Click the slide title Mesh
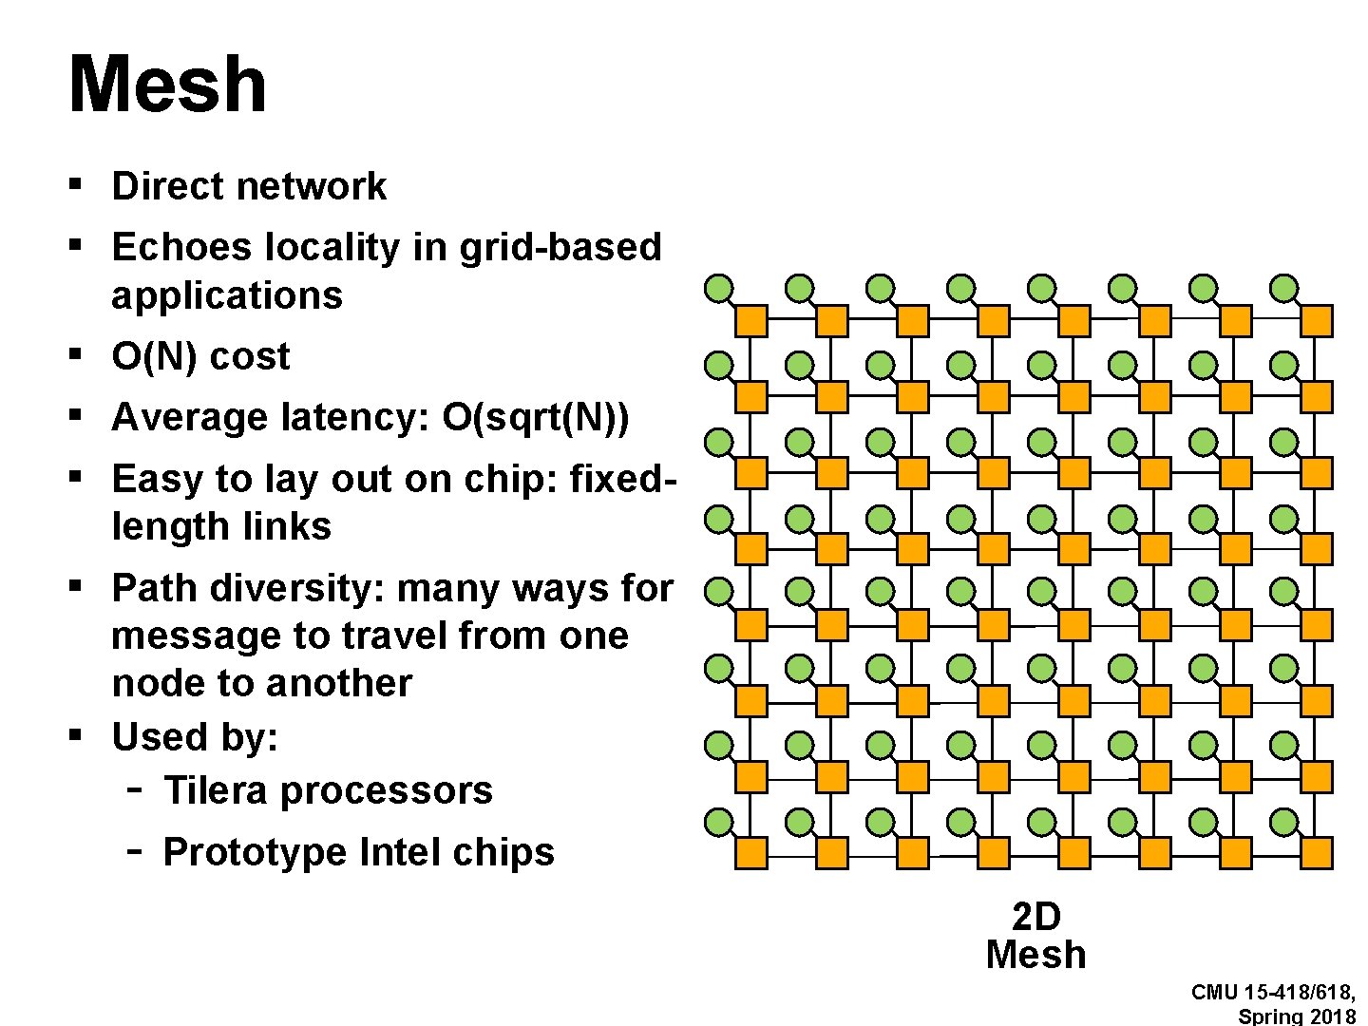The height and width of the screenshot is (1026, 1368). tap(167, 85)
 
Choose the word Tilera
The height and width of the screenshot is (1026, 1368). tap(215, 790)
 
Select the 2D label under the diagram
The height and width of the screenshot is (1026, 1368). tap(1035, 918)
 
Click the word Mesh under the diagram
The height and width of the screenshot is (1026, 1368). tap(1035, 955)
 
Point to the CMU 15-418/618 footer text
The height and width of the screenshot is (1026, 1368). tap(1273, 993)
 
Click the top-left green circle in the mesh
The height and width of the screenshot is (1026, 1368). tap(719, 287)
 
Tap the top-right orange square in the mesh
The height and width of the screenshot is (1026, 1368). tap(1317, 321)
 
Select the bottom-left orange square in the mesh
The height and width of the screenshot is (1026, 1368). tap(751, 853)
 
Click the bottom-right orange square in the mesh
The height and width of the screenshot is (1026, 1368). tap(1317, 853)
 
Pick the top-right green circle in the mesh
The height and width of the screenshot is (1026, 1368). tap(1284, 287)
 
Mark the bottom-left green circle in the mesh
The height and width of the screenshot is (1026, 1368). tap(719, 821)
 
